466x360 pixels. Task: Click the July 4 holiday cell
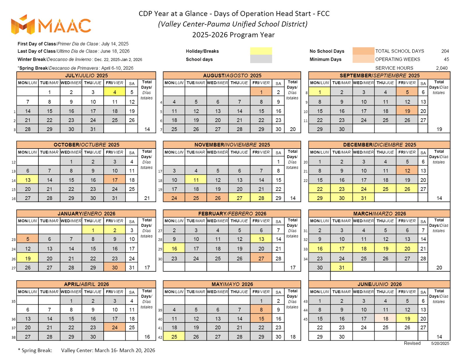(x=114, y=92)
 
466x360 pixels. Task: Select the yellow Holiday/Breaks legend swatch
(x=261, y=51)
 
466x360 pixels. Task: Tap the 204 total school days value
(x=445, y=51)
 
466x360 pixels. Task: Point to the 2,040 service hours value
(x=442, y=68)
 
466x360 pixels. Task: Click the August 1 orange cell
(x=261, y=92)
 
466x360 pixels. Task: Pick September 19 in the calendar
(x=407, y=111)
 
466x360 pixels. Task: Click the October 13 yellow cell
(x=28, y=180)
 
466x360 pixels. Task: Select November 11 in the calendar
(x=196, y=180)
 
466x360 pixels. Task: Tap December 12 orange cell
(x=407, y=170)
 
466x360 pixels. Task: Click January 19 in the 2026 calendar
(x=28, y=258)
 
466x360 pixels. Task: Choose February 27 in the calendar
(x=261, y=258)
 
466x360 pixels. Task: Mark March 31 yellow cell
(x=341, y=267)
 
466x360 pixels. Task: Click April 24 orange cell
(x=114, y=327)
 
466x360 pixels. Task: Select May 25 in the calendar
(x=174, y=336)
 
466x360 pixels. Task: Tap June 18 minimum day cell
(x=385, y=318)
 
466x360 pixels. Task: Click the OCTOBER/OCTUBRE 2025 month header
(x=86, y=144)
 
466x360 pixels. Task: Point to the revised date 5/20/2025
(x=440, y=343)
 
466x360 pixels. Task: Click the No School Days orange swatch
(x=363, y=51)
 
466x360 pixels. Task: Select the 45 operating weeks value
(x=446, y=59)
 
